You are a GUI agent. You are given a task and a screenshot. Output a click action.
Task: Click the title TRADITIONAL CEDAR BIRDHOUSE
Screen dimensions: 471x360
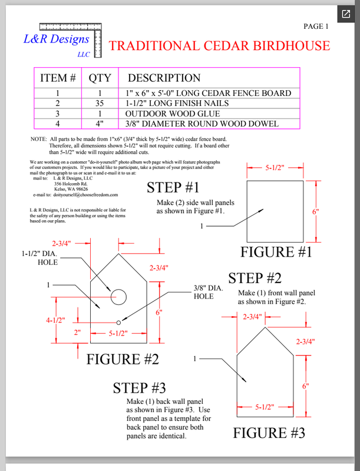click(220, 46)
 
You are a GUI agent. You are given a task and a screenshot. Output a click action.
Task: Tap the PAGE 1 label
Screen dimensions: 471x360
click(316, 26)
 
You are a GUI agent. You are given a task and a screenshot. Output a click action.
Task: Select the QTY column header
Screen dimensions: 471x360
click(103, 78)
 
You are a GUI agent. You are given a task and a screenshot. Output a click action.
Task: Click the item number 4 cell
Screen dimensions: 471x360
click(57, 124)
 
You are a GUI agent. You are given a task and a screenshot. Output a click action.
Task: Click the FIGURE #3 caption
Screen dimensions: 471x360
click(269, 434)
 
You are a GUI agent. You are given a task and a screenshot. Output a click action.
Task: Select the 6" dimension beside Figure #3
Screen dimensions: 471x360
click(305, 386)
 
